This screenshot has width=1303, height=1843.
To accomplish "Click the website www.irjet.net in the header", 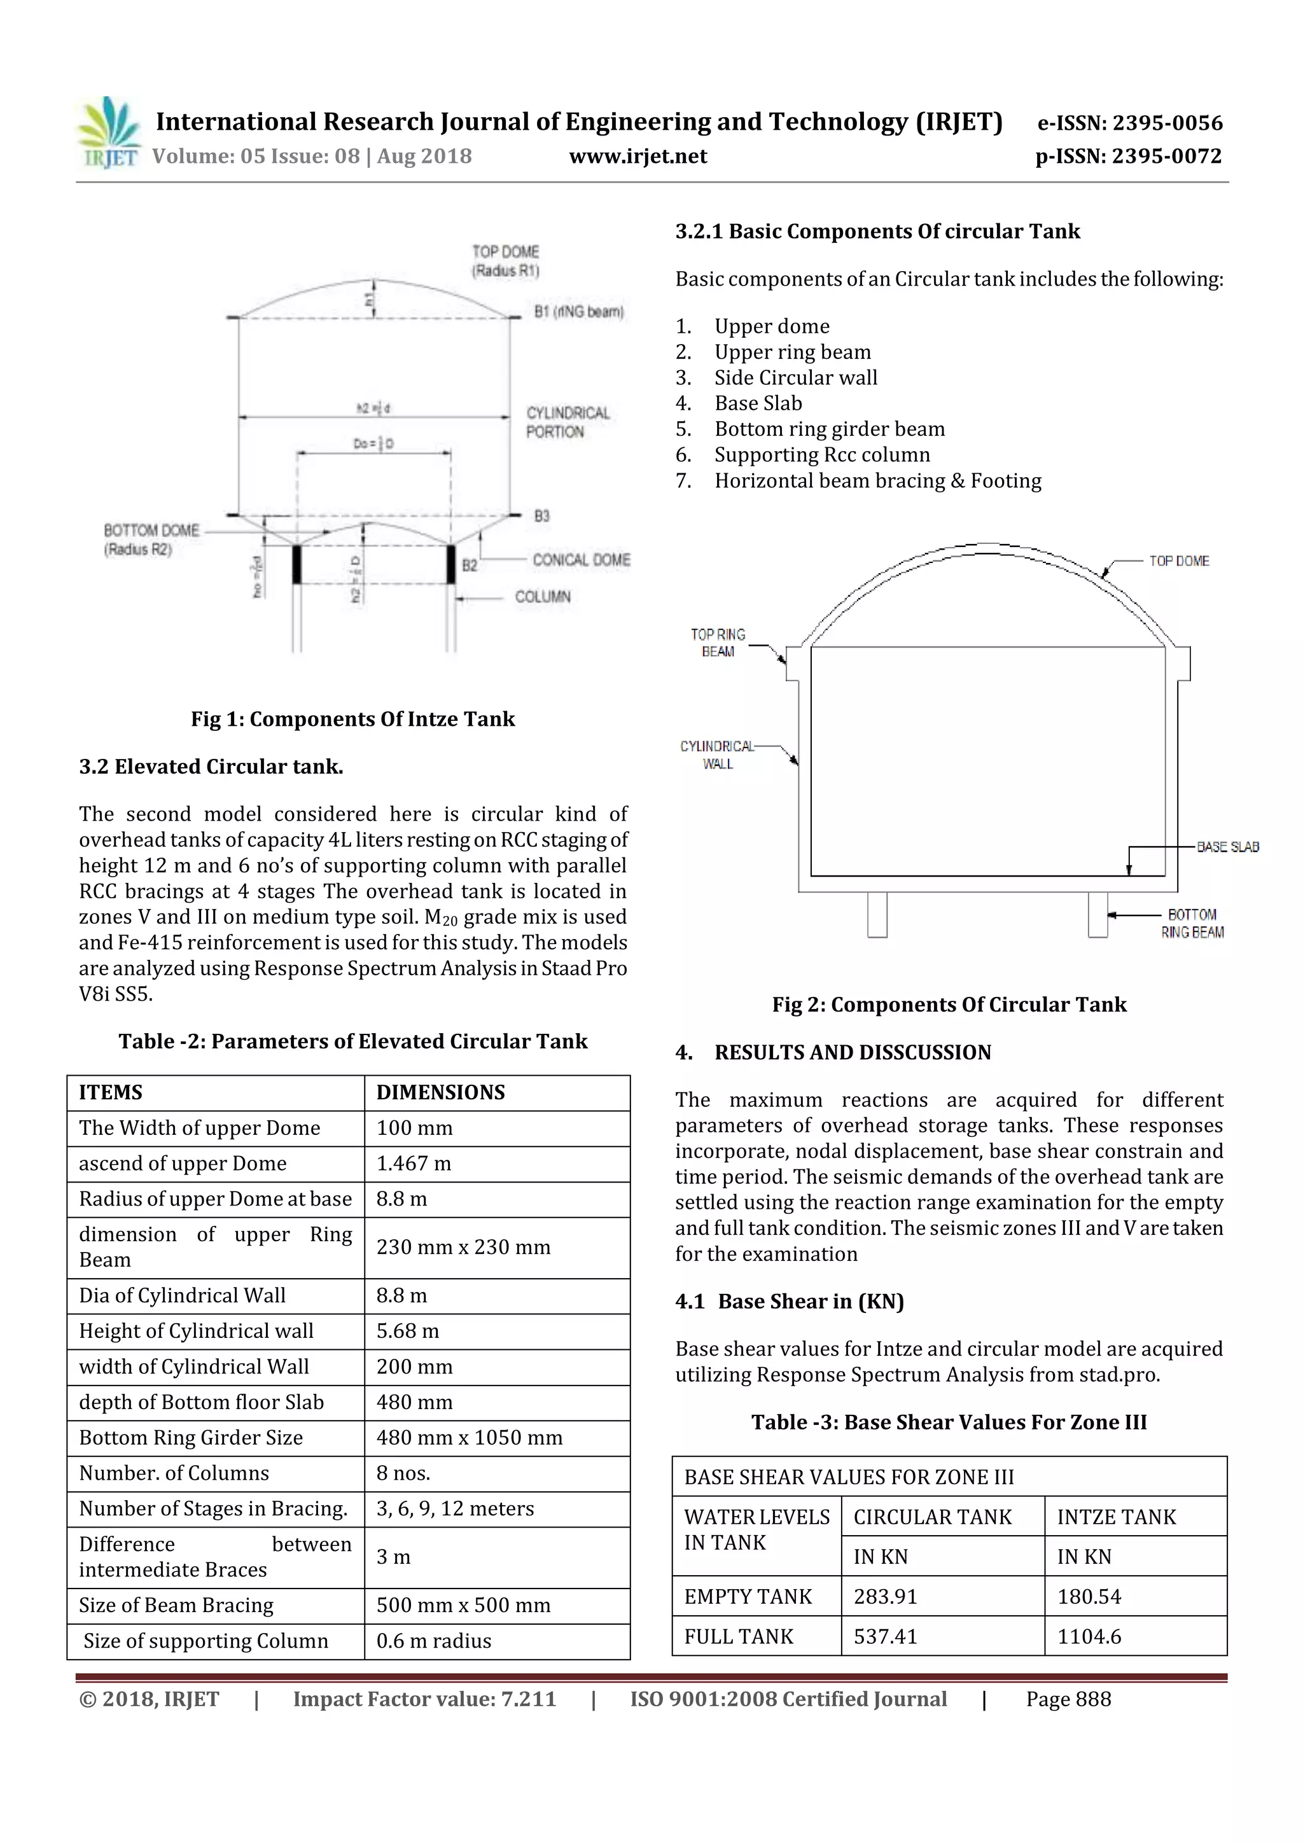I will pyautogui.click(x=638, y=156).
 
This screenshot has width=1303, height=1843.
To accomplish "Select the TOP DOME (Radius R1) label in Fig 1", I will pyautogui.click(x=505, y=261).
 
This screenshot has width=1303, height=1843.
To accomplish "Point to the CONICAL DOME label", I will pyautogui.click(x=582, y=559).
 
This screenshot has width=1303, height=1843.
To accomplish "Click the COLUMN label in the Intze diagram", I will pyautogui.click(x=543, y=596).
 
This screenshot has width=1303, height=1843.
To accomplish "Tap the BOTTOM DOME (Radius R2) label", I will pyautogui.click(x=151, y=539).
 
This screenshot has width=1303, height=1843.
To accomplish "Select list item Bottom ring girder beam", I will pyautogui.click(x=830, y=429).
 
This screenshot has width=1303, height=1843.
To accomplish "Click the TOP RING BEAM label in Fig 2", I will pyautogui.click(x=718, y=642).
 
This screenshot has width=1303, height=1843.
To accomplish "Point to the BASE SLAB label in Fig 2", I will pyautogui.click(x=1227, y=847).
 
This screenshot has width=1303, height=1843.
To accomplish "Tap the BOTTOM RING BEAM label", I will pyautogui.click(x=1192, y=923).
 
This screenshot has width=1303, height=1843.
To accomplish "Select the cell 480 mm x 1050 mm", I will pyautogui.click(x=470, y=1437).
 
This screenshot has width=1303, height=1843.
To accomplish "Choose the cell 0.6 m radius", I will pyautogui.click(x=433, y=1640).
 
